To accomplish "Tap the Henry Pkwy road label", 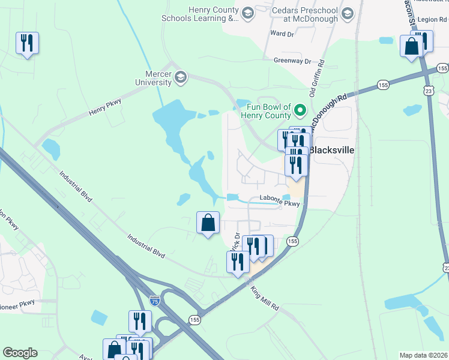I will (x=105, y=107).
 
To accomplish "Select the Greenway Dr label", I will (x=292, y=61).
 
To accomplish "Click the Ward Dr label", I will (x=282, y=34).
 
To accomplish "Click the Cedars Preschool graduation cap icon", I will (x=346, y=13).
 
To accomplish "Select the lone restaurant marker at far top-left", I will (x=27, y=43).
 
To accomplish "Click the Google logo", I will (x=20, y=353).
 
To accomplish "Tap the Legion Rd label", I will (x=432, y=19).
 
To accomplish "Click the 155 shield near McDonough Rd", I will (x=383, y=86).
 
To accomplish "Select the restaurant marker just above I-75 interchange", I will (x=139, y=321).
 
